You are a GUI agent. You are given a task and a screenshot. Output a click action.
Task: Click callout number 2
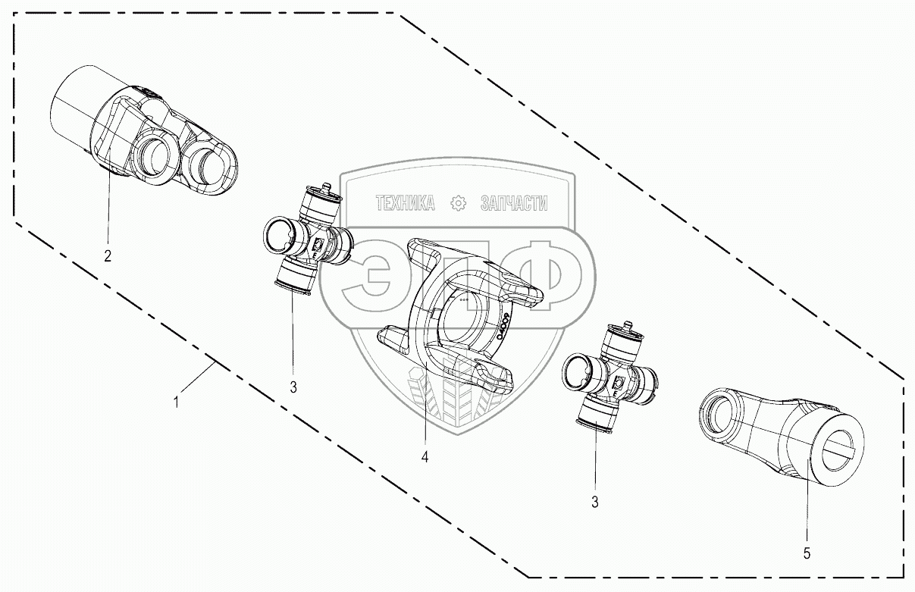click(108, 255)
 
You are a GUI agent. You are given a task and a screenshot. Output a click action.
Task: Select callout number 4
click(425, 457)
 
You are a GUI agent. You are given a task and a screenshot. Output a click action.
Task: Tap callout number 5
click(807, 553)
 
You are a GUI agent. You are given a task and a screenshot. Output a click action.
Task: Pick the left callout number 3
click(293, 387)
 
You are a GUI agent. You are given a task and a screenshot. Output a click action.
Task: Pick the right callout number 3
click(595, 501)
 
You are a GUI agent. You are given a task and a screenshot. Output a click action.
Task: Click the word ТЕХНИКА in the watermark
click(405, 203)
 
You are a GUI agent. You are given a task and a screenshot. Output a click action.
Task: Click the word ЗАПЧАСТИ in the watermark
click(513, 203)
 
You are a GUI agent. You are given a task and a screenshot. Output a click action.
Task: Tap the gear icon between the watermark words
click(458, 203)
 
